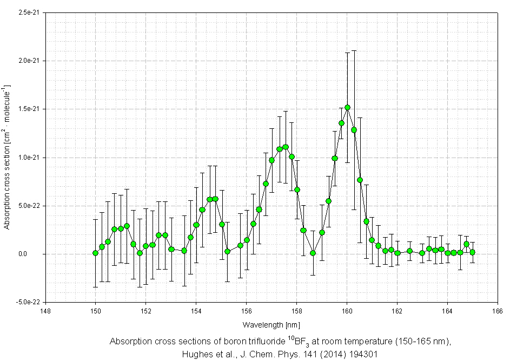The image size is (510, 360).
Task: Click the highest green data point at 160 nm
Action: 347,108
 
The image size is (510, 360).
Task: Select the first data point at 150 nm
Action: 96,253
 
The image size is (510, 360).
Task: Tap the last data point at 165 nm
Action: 473,252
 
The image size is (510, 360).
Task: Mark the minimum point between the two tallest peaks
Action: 313,253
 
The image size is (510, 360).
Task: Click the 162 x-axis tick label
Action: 398,311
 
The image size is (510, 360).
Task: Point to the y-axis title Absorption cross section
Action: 8,157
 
